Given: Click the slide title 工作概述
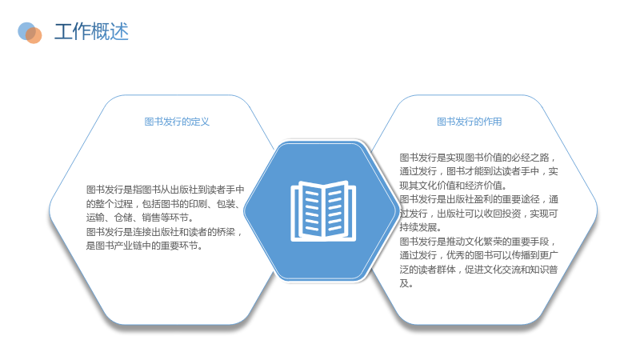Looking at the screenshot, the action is coord(91,32).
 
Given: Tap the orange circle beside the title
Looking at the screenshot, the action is coord(34,35).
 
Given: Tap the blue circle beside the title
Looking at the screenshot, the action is coord(26,31).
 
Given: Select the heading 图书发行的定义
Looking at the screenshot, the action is coord(177,122).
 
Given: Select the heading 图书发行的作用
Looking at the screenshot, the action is coord(470,122).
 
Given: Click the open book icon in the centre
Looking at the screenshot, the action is coord(323,211).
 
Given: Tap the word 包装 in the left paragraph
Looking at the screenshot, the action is coord(226,204).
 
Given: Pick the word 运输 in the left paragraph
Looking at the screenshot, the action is coord(95,218).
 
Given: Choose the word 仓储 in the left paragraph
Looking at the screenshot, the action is coord(123,218).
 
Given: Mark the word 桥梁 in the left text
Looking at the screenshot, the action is coord(226,232).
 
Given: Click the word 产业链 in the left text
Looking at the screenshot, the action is coord(128,246).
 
